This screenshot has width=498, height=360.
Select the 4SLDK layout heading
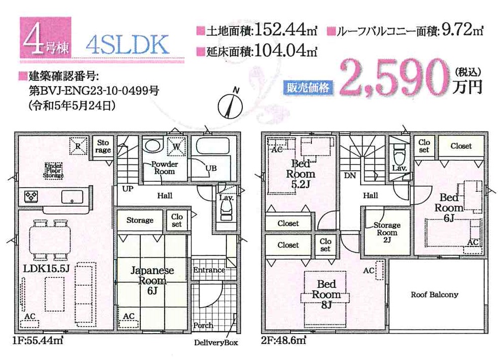point(127,45)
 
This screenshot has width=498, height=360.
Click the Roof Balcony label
point(434,295)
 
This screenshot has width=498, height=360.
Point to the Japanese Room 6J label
point(152,280)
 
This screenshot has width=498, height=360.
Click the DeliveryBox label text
point(216,343)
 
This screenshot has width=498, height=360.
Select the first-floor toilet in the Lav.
point(226,211)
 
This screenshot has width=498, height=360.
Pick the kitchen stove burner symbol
point(32,196)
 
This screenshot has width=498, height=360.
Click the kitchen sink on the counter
point(72,197)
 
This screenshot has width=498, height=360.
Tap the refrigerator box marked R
point(78,146)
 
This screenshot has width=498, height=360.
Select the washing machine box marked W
point(176,146)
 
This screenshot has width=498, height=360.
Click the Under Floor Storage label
point(53,170)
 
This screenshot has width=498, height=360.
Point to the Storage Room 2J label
point(387,232)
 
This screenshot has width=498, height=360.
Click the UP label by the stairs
point(128,189)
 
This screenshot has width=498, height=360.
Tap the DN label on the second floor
point(350,175)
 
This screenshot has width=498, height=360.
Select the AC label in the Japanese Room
point(129,316)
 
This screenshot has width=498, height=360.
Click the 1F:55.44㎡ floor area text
point(38,341)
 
